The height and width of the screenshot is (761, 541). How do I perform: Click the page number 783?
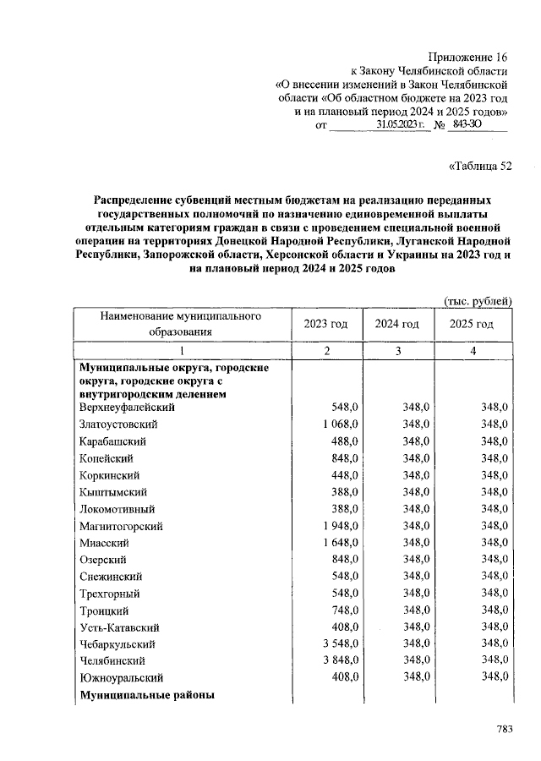tap(504, 728)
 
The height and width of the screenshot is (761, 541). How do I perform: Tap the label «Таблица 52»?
tap(479, 166)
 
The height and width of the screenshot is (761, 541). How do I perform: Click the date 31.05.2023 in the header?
tap(398, 125)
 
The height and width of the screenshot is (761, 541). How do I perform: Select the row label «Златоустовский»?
tap(118, 424)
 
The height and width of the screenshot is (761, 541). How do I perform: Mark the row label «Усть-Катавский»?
tap(119, 627)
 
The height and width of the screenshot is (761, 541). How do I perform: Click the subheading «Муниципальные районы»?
tap(146, 695)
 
